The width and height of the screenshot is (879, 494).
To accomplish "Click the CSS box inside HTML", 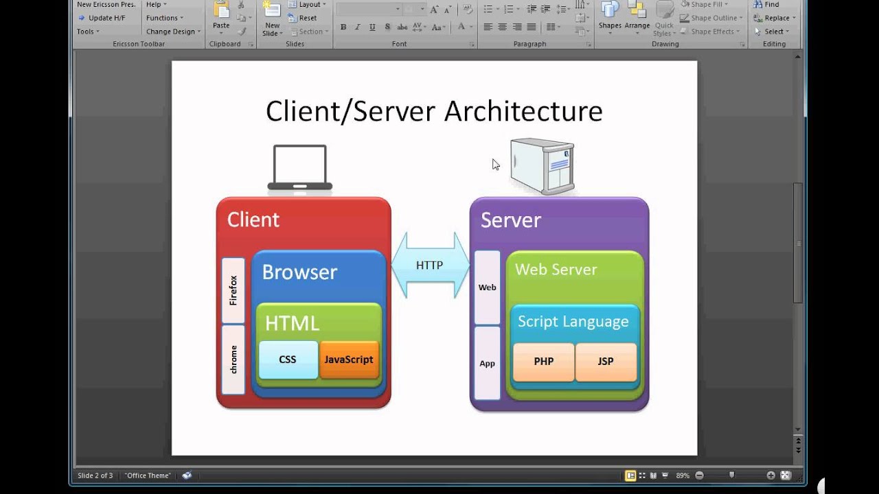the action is [x=288, y=360].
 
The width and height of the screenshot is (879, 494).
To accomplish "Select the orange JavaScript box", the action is [x=350, y=360].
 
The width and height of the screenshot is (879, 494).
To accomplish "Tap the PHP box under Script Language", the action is [x=543, y=362].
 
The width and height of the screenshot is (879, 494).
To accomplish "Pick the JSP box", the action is [x=606, y=362].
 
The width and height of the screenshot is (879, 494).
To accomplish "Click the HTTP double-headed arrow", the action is [x=430, y=266].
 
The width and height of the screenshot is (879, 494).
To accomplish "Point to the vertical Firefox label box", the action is [x=233, y=290].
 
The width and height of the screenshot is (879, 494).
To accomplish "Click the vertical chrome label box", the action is [x=233, y=360].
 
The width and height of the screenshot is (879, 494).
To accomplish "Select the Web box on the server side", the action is [x=487, y=287].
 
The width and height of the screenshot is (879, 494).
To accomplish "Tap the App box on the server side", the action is [x=487, y=364].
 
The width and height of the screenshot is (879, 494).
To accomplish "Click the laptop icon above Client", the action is [x=300, y=168].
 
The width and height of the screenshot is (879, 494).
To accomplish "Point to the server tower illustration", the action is [x=543, y=166].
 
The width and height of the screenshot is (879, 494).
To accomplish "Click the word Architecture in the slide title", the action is [x=523, y=111].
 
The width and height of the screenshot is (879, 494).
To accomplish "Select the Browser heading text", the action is [x=299, y=272].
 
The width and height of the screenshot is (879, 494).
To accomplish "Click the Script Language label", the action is [x=573, y=322].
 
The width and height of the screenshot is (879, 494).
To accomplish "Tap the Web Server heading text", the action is [x=556, y=270].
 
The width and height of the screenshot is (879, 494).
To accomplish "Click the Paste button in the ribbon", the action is [x=221, y=16].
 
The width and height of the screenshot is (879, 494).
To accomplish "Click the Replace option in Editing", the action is [x=774, y=18].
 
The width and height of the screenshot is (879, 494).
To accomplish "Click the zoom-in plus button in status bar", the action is [x=770, y=475].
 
